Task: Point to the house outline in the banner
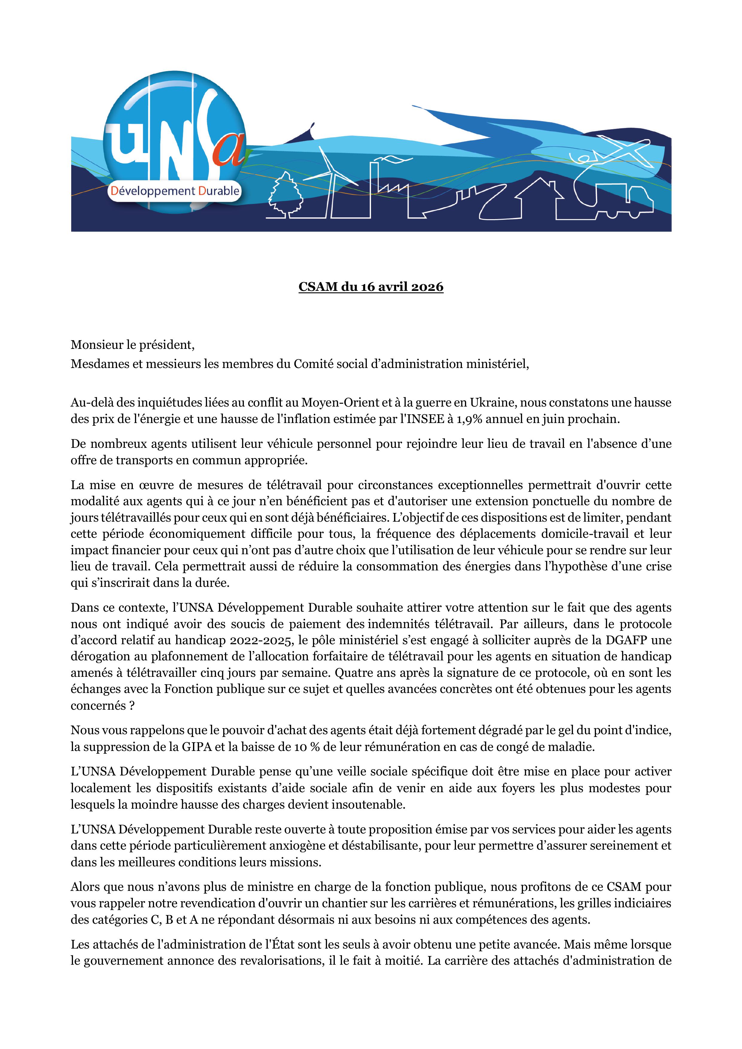[539, 199]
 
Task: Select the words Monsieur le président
[133, 345]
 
